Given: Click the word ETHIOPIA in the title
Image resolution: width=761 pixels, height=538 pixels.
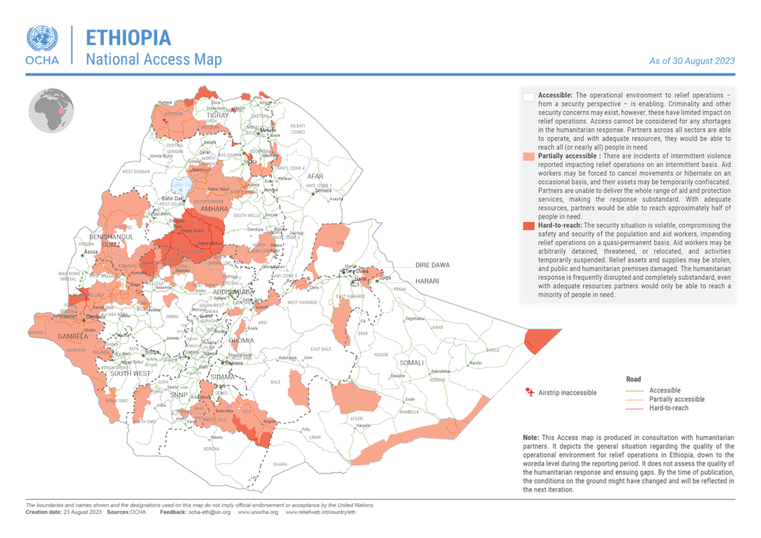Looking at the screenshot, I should (129, 38).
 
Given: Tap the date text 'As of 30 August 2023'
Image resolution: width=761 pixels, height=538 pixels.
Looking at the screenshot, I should (691, 61).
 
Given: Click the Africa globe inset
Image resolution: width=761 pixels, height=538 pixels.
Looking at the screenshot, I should (52, 110).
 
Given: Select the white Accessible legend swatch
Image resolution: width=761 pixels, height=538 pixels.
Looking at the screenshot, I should (529, 97).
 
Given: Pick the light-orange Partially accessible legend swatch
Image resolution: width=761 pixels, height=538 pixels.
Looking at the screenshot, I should (529, 156).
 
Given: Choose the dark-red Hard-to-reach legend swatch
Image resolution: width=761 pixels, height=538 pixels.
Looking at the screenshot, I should (529, 227).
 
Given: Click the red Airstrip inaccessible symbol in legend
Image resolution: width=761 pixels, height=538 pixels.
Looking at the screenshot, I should (530, 392).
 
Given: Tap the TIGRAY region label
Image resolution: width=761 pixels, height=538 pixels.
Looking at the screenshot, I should (217, 115).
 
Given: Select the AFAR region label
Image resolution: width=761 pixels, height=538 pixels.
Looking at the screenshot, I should (314, 176).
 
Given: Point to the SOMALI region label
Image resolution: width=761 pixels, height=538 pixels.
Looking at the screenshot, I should (411, 362).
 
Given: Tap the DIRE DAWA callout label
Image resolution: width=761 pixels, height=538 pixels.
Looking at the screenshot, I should (432, 266).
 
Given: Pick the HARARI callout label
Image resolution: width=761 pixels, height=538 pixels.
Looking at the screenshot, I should (428, 280).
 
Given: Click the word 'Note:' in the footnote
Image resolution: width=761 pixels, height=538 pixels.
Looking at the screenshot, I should (532, 437).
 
